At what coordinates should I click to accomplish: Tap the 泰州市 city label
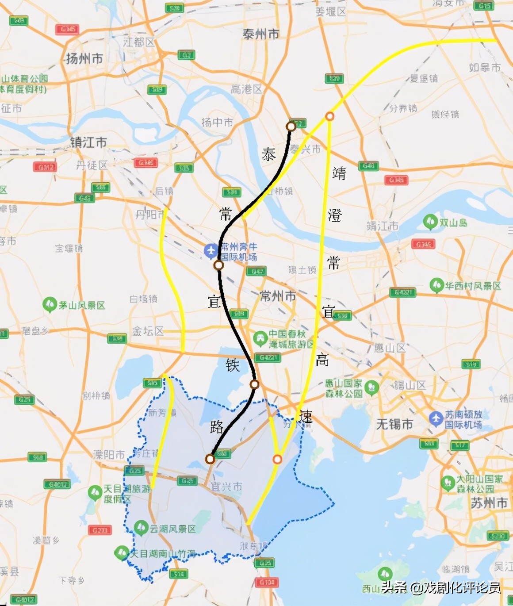pyautogui.click(x=260, y=34)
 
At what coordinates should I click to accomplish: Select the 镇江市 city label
pyautogui.click(x=88, y=142)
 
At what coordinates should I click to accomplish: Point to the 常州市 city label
pyautogui.click(x=278, y=295)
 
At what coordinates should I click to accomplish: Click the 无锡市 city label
pyautogui.click(x=394, y=424)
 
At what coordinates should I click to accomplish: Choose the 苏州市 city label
pyautogui.click(x=489, y=503)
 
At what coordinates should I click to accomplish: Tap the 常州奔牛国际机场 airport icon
pyautogui.click(x=211, y=251)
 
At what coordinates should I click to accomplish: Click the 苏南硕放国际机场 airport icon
pyautogui.click(x=436, y=418)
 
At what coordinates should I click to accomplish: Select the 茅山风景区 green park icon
pyautogui.click(x=49, y=305)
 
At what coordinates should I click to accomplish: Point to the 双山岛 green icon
pyautogui.click(x=430, y=222)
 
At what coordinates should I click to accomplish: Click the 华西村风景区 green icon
pyautogui.click(x=436, y=285)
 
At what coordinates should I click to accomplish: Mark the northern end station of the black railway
pyautogui.click(x=291, y=127)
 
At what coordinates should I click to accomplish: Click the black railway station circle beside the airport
pyautogui.click(x=218, y=265)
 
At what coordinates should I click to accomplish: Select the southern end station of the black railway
pyautogui.click(x=210, y=459)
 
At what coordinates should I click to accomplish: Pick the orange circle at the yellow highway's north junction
pyautogui.click(x=329, y=116)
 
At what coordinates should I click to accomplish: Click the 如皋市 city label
pyautogui.click(x=485, y=68)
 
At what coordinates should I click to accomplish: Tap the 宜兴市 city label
pyautogui.click(x=226, y=487)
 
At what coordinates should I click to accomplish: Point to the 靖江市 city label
pyautogui.click(x=383, y=226)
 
